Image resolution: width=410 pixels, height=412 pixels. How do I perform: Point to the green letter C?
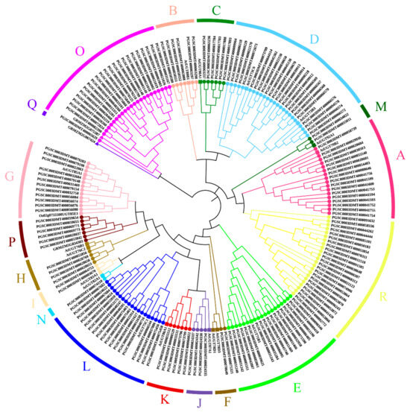pyautogui.click(x=216, y=10)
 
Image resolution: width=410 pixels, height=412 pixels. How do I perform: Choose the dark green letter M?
pyautogui.click(x=380, y=107)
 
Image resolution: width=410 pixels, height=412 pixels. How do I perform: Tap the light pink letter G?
pyautogui.click(x=10, y=178)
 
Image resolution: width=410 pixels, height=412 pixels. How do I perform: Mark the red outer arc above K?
pyautogui.click(x=164, y=387)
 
